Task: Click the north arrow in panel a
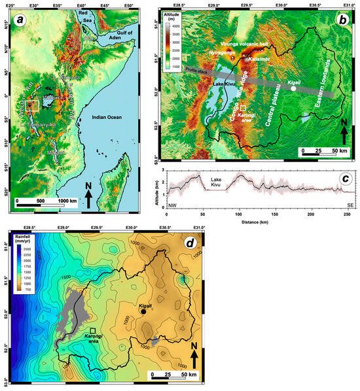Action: coord(88,196)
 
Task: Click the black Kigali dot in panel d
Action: coord(143,312)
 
